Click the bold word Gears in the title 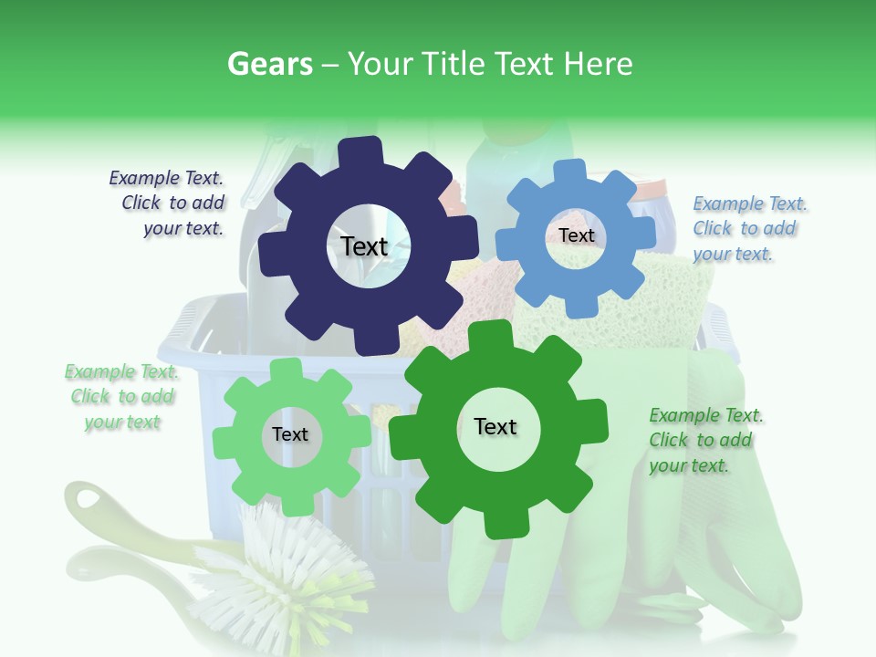pyautogui.click(x=269, y=64)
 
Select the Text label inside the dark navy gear pyautogui.click(x=364, y=246)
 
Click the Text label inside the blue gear pyautogui.click(x=576, y=235)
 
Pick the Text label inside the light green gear pyautogui.click(x=289, y=434)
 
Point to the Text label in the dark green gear pyautogui.click(x=495, y=426)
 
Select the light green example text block pyautogui.click(x=122, y=397)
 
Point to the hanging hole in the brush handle pyautogui.click(x=89, y=499)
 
